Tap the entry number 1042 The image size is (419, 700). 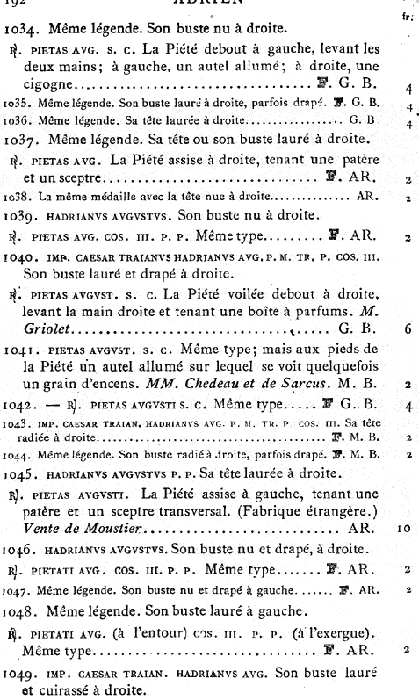21,406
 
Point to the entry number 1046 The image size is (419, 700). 21,552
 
